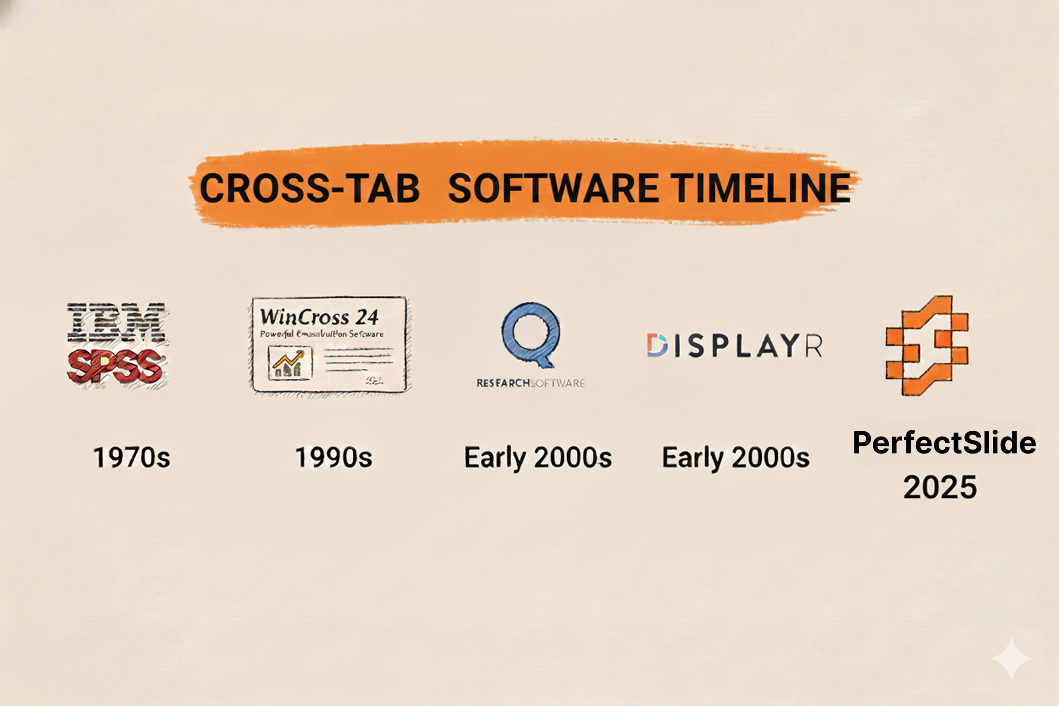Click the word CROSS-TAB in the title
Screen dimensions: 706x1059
point(310,188)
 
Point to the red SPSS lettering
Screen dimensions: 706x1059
point(116,366)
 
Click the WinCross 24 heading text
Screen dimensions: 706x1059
point(319,317)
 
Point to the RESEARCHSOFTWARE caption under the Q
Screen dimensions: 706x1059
point(531,383)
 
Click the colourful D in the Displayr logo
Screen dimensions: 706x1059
point(656,346)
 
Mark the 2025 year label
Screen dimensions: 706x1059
point(940,487)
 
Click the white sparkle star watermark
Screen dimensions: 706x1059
point(1011,658)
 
